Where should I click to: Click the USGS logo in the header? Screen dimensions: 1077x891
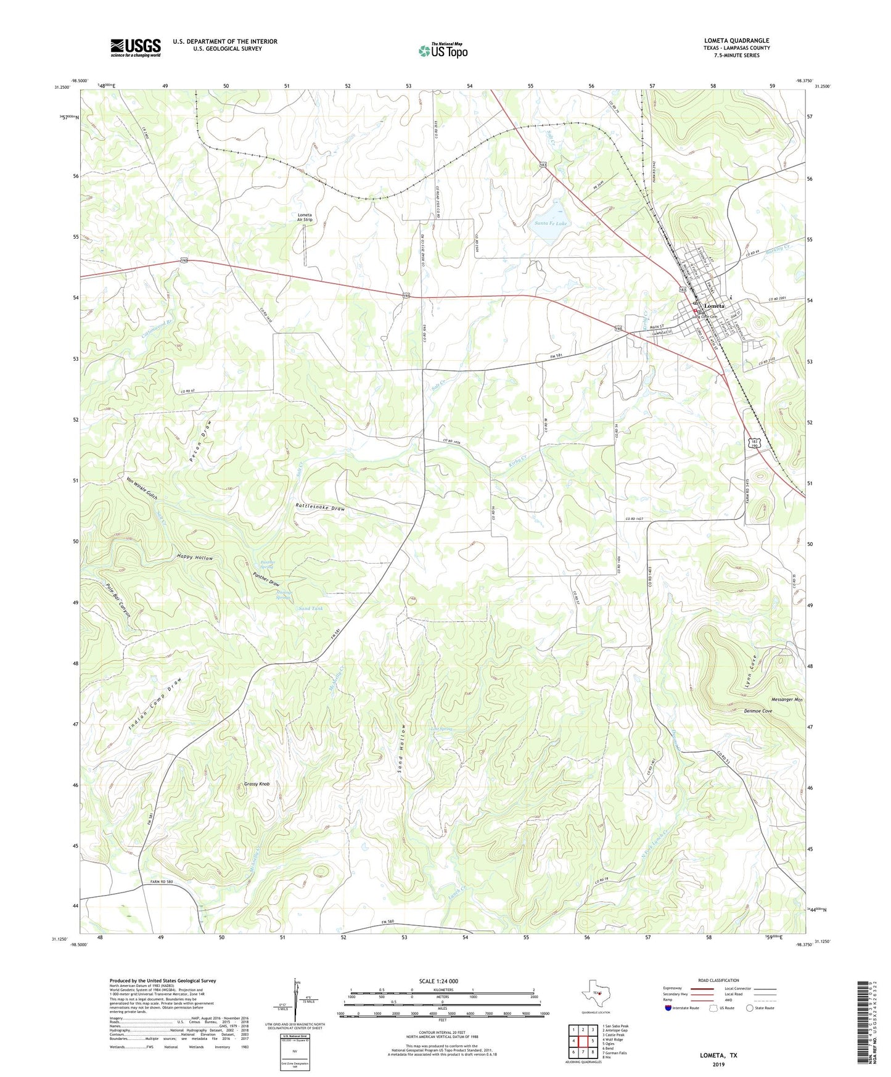click(136, 47)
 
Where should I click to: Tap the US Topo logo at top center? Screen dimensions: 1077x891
click(443, 51)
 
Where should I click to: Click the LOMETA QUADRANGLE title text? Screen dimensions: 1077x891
click(736, 41)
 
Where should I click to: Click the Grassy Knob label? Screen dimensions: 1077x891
click(257, 784)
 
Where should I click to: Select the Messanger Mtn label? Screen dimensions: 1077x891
click(786, 699)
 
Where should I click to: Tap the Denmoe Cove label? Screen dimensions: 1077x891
click(758, 711)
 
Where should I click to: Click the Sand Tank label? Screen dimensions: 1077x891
click(311, 608)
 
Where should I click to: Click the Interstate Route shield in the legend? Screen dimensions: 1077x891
click(668, 1008)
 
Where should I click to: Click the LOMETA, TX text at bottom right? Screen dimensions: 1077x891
click(718, 1055)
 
